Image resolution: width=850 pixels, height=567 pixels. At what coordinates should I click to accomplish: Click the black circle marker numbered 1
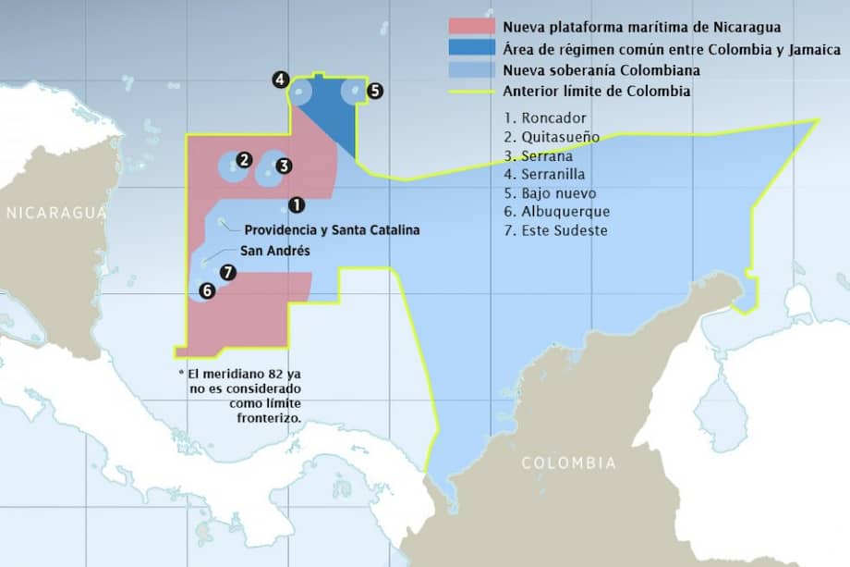coord(296,204)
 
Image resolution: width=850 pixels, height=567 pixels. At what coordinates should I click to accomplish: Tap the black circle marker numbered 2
coord(244,159)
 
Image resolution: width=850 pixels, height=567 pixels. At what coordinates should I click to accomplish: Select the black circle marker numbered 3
coord(284,166)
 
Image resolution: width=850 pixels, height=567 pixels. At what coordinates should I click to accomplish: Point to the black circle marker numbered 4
coord(280,80)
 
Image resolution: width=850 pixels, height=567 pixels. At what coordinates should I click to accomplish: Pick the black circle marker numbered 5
coord(374,91)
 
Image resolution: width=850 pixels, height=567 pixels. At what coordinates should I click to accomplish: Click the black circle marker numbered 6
coord(206,290)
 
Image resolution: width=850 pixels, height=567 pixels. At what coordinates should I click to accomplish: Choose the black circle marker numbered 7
coord(228,273)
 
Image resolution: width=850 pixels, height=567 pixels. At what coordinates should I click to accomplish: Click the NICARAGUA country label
coord(56,213)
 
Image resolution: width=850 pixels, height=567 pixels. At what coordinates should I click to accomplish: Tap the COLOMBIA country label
coord(568,462)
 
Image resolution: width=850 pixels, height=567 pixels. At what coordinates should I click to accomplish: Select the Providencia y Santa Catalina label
coord(333,229)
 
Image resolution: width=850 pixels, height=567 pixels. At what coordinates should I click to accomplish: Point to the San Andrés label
coord(274,251)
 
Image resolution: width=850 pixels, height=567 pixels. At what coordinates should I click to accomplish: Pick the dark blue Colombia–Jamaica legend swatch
coord(471,48)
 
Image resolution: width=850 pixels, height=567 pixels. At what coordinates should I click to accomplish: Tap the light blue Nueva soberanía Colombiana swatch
coord(471,70)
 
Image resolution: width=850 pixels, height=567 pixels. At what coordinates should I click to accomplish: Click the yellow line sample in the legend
coord(471,92)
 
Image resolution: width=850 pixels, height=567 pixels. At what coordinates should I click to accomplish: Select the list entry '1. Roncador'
coord(546,118)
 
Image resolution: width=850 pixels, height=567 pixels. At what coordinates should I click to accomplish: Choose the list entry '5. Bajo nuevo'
coord(551,193)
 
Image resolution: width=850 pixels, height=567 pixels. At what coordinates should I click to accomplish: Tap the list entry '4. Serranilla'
coord(545,175)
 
